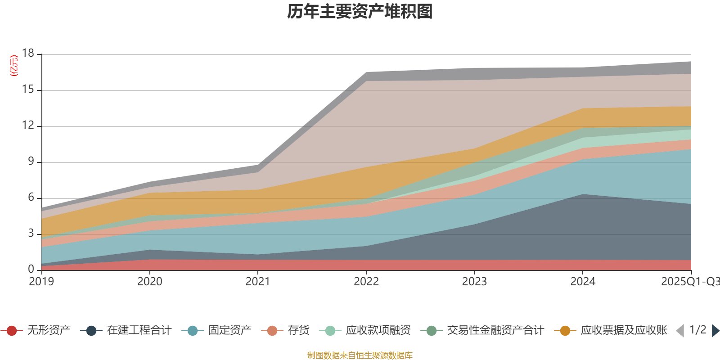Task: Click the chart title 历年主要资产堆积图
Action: coord(360,12)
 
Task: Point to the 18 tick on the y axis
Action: coord(28,54)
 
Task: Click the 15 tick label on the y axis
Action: coord(28,90)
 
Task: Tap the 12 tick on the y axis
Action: coord(28,126)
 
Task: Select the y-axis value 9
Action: coord(31,162)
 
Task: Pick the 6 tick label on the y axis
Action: coord(31,198)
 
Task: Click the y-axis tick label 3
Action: coord(31,234)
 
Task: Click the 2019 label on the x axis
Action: coord(41,282)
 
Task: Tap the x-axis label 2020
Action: coord(149,282)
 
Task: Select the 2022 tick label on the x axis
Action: coord(366,282)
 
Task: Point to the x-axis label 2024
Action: coord(583,282)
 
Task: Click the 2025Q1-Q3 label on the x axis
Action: coord(690,282)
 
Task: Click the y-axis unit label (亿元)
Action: coord(14,66)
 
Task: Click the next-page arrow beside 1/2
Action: coord(715,331)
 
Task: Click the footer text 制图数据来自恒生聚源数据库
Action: coord(360,355)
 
